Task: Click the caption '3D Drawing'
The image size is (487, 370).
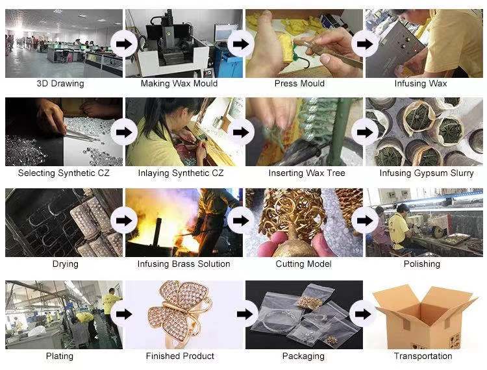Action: coord(60,84)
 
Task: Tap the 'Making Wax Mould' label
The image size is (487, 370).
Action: coord(179,84)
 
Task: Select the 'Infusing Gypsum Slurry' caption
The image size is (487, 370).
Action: coord(427,173)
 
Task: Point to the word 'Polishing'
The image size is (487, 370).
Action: coord(422,264)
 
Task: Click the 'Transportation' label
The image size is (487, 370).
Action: coord(423,356)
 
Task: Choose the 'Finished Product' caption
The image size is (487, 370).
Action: coord(180,356)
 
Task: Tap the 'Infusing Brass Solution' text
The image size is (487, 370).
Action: coord(184,264)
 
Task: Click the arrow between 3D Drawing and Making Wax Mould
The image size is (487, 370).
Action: coord(124,43)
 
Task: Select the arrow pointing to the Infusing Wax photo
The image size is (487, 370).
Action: coord(365,43)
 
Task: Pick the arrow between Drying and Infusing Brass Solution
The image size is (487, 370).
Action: coord(124,221)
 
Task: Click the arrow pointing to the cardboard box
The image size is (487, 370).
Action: coord(363,314)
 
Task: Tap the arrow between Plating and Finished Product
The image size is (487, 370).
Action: coord(124,314)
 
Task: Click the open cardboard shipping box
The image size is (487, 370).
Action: coord(425,317)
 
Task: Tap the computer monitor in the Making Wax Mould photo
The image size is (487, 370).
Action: coord(225,33)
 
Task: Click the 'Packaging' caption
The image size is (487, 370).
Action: coord(303,356)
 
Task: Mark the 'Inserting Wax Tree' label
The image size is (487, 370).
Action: coord(307,173)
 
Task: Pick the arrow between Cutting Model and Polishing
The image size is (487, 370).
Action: coord(365,221)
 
